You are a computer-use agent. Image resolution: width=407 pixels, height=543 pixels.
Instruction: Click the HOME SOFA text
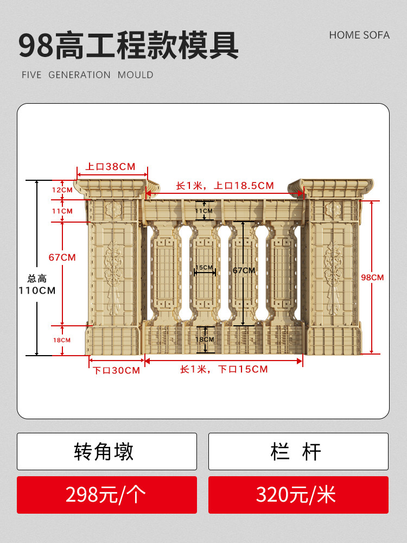pyautogui.click(x=359, y=35)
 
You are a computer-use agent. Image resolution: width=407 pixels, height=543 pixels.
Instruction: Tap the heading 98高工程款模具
pyautogui.click(x=129, y=46)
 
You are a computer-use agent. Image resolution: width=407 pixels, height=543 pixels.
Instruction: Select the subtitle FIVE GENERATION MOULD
pyautogui.click(x=87, y=75)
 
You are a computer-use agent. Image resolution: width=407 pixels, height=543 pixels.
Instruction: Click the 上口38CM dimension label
pyautogui.click(x=110, y=166)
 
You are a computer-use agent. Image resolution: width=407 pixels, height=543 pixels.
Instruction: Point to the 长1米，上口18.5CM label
pyautogui.click(x=225, y=186)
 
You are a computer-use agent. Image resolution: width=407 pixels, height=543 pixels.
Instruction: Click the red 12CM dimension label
pyautogui.click(x=62, y=190)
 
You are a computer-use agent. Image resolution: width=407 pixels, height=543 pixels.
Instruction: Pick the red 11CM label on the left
pyautogui.click(x=62, y=211)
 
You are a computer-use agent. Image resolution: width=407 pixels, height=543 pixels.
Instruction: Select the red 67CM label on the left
pyautogui.click(x=62, y=257)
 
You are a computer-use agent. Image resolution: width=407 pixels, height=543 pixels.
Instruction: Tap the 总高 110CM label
pyautogui.click(x=36, y=285)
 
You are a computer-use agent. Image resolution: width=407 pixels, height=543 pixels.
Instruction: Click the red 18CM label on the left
pyautogui.click(x=61, y=340)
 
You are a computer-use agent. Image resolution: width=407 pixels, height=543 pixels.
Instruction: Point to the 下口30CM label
pyautogui.click(x=116, y=370)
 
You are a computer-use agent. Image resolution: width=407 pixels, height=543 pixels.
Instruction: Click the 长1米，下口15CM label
pyautogui.click(x=224, y=369)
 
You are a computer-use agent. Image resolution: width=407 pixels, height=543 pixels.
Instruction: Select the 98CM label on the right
pyautogui.click(x=372, y=277)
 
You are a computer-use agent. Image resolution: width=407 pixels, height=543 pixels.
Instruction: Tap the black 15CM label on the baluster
pyautogui.click(x=205, y=268)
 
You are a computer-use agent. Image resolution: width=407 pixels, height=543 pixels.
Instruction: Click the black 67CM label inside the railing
pyautogui.click(x=244, y=270)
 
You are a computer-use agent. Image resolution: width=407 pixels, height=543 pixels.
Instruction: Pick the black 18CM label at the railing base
pyautogui.click(x=205, y=339)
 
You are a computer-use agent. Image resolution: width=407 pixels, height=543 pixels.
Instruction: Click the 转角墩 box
pyautogui.click(x=106, y=451)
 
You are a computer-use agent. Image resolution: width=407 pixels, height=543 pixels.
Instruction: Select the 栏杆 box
pyautogui.click(x=298, y=451)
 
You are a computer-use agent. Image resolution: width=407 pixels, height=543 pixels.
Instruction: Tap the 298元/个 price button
pyautogui.click(x=106, y=495)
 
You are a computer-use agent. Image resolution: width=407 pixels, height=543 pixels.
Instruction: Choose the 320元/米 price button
pyautogui.click(x=298, y=495)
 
